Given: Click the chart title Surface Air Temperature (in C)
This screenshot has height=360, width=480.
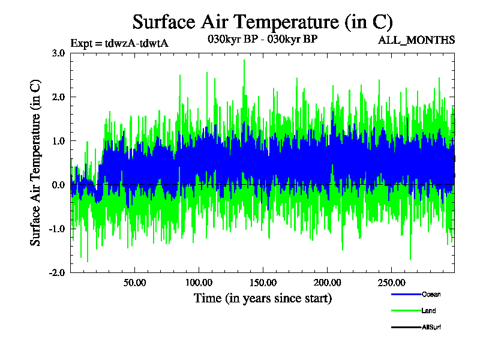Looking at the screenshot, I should [262, 22].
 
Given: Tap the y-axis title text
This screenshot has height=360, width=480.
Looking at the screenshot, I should [35, 162].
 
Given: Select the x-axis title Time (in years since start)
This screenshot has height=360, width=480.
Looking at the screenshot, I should [262, 298].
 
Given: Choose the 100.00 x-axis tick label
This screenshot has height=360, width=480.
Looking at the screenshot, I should [199, 282].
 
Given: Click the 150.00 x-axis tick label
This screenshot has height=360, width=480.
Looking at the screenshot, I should [262, 282].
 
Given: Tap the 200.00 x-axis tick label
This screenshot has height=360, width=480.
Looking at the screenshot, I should [326, 282].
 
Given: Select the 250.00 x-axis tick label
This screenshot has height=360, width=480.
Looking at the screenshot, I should [390, 282].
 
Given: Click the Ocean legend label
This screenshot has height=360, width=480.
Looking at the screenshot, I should [431, 295].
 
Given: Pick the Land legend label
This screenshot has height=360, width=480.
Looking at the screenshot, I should [428, 311].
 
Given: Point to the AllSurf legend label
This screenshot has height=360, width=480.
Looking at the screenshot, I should [431, 327].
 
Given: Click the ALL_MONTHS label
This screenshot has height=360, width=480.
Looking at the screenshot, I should [416, 40].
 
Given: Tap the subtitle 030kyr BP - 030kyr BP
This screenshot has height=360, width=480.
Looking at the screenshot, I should [262, 38].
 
